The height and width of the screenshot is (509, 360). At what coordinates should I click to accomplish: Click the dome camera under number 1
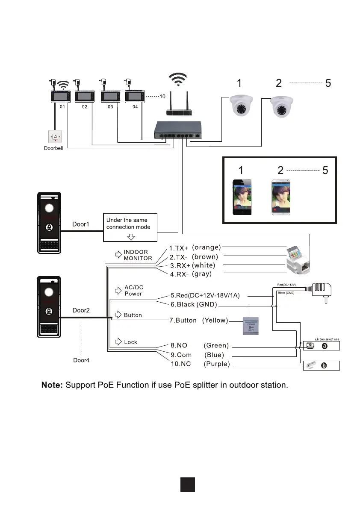click(242, 106)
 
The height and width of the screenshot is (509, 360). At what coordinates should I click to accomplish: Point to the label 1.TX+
click(178, 248)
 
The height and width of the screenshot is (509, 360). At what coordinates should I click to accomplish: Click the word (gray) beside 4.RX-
click(202, 274)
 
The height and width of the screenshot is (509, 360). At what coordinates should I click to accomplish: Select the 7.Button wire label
click(183, 320)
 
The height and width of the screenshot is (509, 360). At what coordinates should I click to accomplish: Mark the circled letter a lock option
click(324, 346)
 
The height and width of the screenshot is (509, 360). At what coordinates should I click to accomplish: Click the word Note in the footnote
click(52, 385)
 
